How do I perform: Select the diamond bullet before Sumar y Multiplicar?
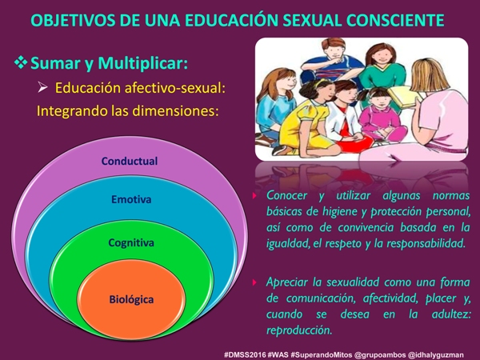coord(21,62)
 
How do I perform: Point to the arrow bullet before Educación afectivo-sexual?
coord(42,88)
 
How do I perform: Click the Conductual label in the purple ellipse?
coord(130,161)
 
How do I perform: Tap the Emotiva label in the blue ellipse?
coord(131,199)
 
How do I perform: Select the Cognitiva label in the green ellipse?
coord(131,243)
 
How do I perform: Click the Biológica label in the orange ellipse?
coord(131,299)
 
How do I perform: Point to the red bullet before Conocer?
coord(254,196)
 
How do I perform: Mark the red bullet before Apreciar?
coord(254,282)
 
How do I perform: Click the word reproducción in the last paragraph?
coord(299,330)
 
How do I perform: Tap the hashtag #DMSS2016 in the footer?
coord(245,354)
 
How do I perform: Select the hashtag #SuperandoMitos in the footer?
coord(321,355)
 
